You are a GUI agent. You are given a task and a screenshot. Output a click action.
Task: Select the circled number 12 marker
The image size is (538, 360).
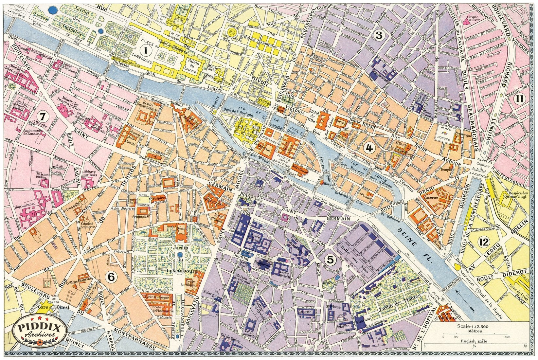[x=483, y=242]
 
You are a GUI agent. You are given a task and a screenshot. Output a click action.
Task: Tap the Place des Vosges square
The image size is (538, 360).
[x=444, y=135]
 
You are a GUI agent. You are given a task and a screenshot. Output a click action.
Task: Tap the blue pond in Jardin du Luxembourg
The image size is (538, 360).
[x=179, y=255]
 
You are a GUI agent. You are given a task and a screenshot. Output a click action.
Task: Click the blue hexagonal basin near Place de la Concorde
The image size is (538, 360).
[x=51, y=10]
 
